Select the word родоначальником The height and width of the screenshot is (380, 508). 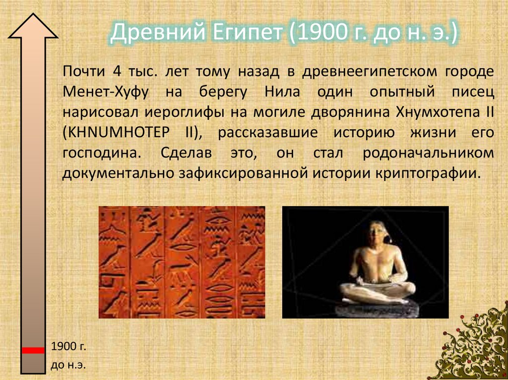click(x=428, y=153)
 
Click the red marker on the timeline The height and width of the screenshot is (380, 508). click(x=33, y=350)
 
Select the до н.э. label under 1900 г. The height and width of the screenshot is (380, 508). click(x=68, y=366)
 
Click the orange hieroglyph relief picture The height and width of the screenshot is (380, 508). click(x=182, y=262)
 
